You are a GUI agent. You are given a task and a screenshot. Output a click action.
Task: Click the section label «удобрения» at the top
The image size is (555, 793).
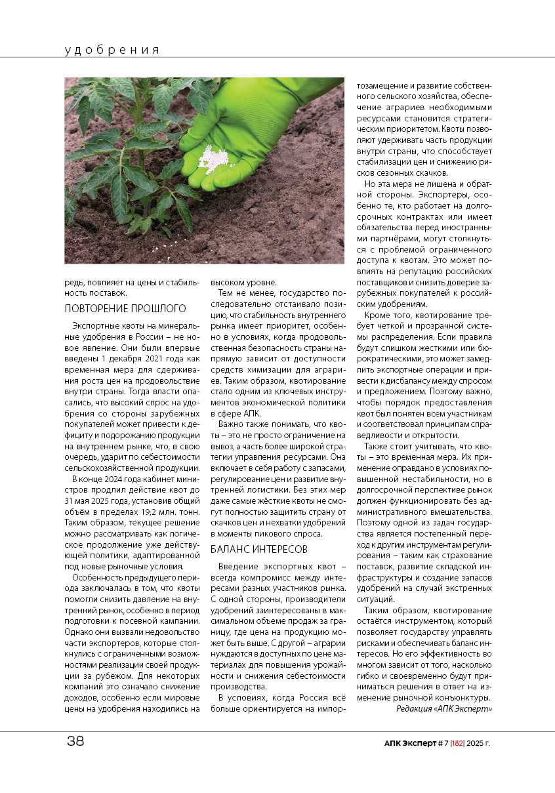(112, 50)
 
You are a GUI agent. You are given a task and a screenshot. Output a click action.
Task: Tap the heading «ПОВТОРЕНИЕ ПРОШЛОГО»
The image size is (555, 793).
(125, 308)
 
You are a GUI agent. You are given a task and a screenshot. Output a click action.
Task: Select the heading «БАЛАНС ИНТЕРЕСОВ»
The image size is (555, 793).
(258, 548)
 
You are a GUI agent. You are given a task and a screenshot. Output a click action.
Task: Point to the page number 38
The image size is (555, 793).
(75, 742)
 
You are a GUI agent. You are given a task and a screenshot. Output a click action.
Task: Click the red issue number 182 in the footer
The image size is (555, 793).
(457, 743)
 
